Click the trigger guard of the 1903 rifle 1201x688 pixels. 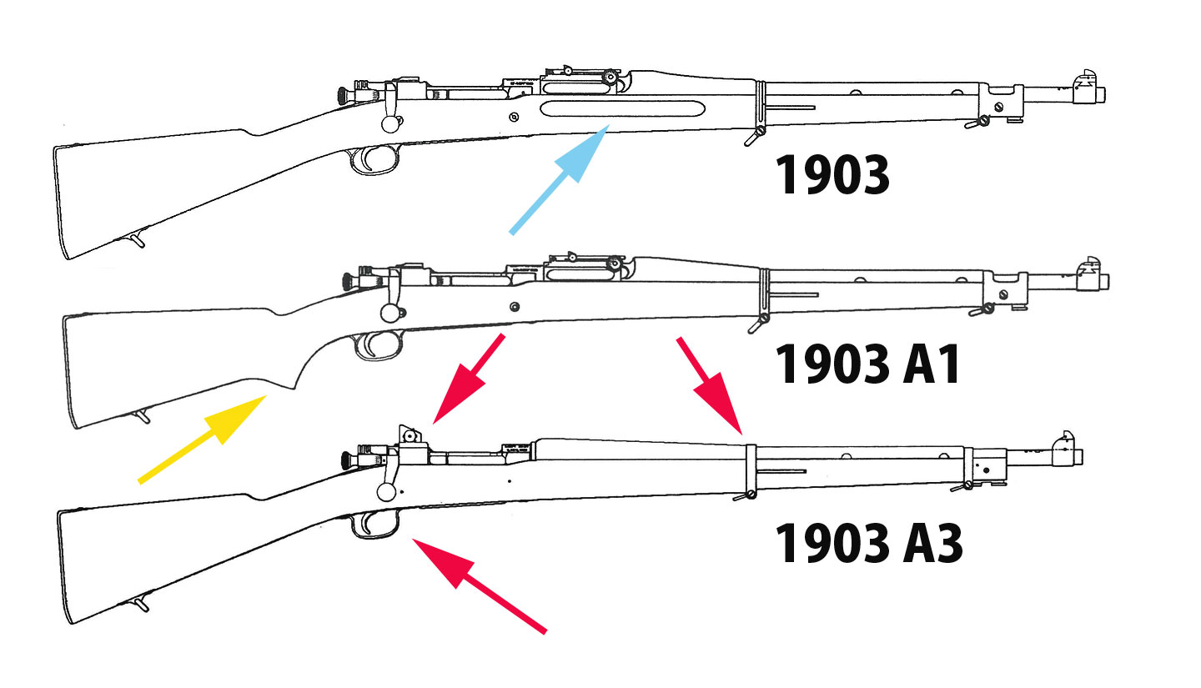point(371,159)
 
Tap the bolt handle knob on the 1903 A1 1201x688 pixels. point(389,313)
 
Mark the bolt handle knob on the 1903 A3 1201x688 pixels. point(386,491)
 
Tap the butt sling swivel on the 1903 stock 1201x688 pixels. point(137,240)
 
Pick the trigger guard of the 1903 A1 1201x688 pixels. point(374,346)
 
